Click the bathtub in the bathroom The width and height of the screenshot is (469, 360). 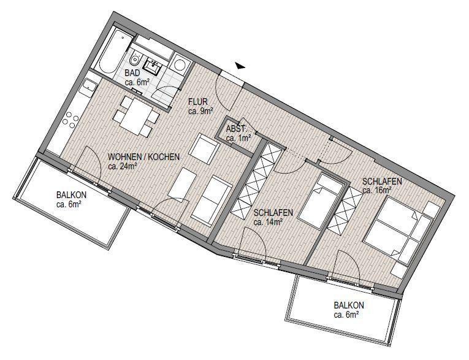[112, 48]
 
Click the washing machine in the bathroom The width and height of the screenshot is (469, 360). [180, 64]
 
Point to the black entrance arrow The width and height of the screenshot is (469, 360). [241, 65]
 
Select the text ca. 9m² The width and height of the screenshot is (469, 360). [200, 112]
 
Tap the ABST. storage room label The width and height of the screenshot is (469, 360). [236, 129]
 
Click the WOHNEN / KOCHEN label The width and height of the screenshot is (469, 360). [143, 157]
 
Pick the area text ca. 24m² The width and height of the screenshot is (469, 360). [122, 166]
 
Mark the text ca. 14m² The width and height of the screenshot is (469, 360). [267, 222]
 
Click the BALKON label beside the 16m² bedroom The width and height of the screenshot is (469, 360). [349, 305]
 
